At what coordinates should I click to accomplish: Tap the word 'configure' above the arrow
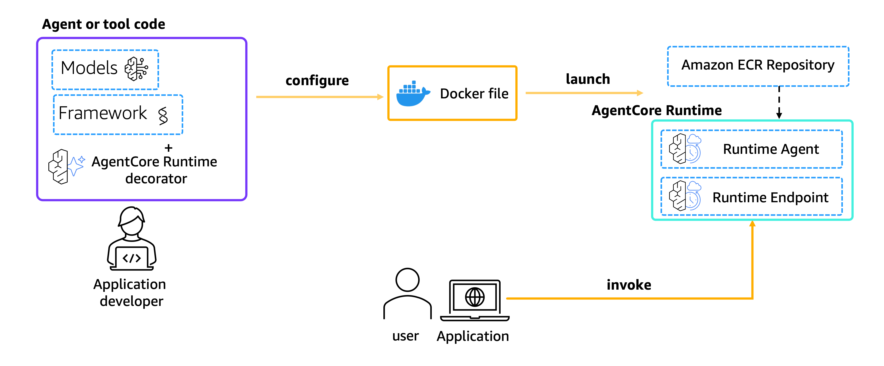coord(317,81)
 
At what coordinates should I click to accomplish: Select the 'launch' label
coord(588,79)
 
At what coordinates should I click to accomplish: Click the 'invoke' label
coord(629,285)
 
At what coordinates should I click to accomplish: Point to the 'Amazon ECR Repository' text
coord(758,65)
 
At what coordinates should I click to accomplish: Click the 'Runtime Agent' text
coord(771,149)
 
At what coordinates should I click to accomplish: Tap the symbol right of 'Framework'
coord(163,115)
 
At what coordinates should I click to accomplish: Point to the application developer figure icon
coord(132,238)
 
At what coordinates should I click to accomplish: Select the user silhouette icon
coord(407,294)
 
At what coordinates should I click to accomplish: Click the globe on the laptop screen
coord(475,297)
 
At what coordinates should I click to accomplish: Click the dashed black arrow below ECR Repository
coord(779,102)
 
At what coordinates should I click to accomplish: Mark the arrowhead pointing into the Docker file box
coord(380,97)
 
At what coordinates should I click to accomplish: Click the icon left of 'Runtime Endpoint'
coord(685,196)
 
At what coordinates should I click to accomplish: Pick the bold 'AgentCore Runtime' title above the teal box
coord(657,110)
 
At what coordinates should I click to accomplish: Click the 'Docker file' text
coord(474,94)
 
